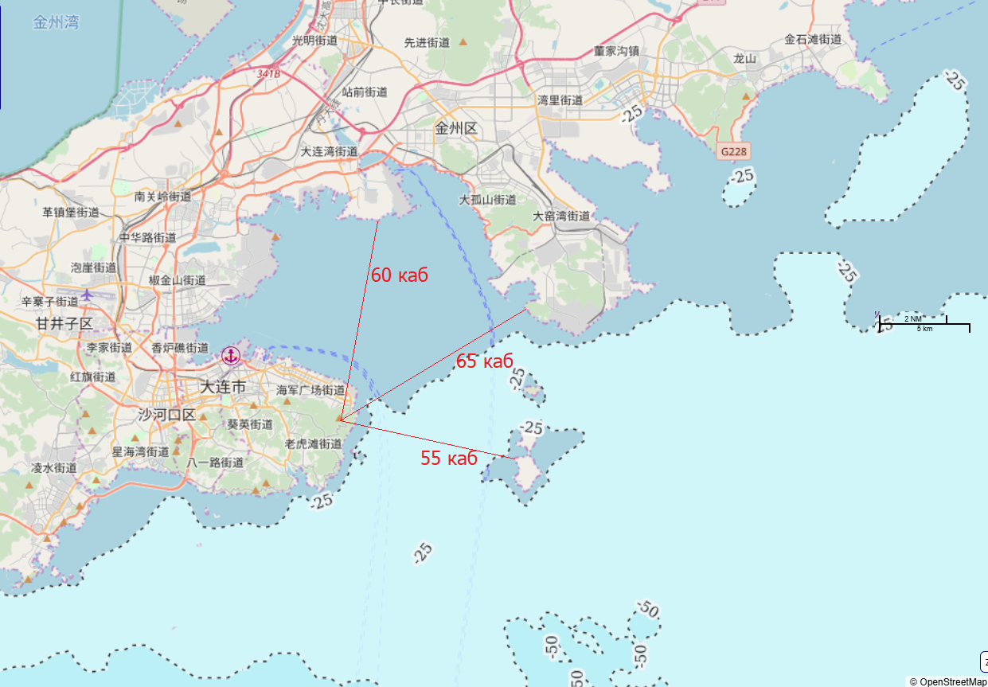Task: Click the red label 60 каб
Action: click(400, 275)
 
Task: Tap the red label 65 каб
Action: click(484, 361)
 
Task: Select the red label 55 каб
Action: click(449, 458)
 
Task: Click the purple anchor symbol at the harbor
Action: click(231, 356)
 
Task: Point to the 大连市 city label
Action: click(222, 388)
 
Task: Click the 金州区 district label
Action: click(455, 128)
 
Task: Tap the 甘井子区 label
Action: click(64, 324)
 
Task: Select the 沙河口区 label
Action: click(166, 415)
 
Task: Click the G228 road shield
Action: click(733, 151)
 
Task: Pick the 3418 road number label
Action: click(269, 74)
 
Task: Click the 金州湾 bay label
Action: click(56, 22)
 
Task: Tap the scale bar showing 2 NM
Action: click(924, 323)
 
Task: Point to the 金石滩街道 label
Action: click(813, 39)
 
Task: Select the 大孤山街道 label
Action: click(487, 200)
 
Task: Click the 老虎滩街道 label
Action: click(313, 444)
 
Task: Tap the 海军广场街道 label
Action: click(310, 391)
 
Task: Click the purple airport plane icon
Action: click(86, 295)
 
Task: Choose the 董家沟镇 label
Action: click(616, 50)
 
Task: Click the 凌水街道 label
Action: click(54, 468)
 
